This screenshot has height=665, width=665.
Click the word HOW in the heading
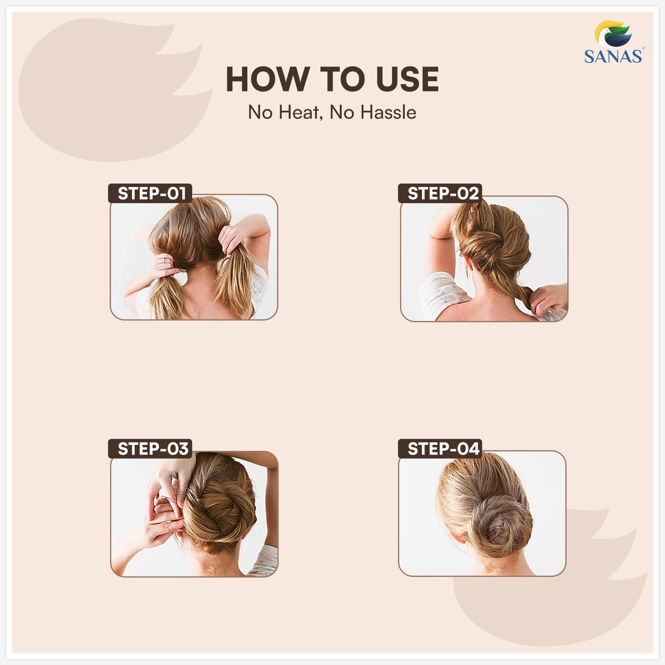pyautogui.click(x=267, y=79)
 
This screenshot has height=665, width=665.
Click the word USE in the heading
pyautogui.click(x=408, y=79)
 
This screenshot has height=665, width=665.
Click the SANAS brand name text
pyautogui.click(x=613, y=57)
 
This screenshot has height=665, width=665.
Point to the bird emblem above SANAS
pyautogui.click(x=613, y=34)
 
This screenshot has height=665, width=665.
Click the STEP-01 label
pyautogui.click(x=151, y=194)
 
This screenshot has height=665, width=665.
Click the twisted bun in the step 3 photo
pyautogui.click(x=220, y=513)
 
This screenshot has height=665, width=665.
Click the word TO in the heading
pyautogui.click(x=342, y=79)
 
